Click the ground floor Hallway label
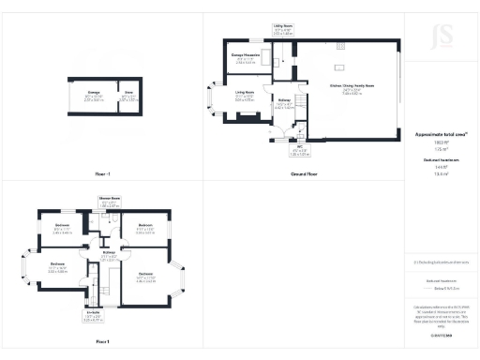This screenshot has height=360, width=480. pyautogui.click(x=285, y=104)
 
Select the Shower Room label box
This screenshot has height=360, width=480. pyautogui.click(x=110, y=201)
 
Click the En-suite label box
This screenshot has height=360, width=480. pyautogui.click(x=93, y=318)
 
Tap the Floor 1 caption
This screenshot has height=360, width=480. pyautogui.click(x=102, y=342)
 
